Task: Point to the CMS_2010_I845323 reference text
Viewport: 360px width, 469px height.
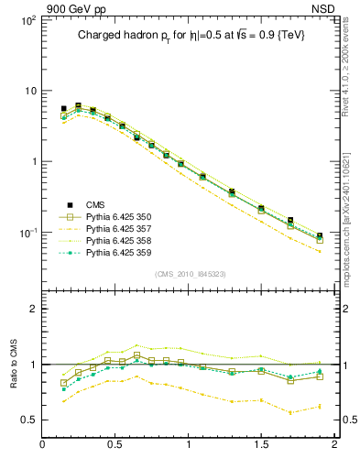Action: tap(190, 274)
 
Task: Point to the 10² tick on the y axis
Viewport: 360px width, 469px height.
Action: tap(27, 19)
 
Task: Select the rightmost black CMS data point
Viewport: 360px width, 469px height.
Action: tap(320, 235)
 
